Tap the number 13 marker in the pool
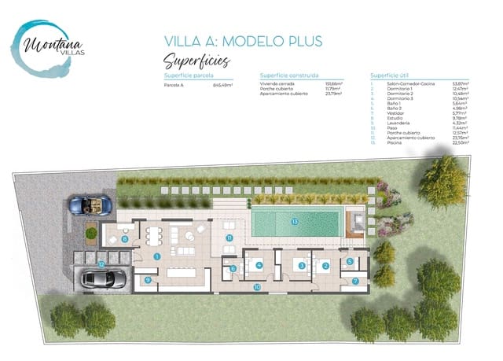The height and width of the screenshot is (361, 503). click(x=296, y=222)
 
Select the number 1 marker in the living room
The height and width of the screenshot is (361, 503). click(x=157, y=256)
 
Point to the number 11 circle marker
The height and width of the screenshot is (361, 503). click(x=229, y=237)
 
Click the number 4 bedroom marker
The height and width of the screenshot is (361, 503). click(x=259, y=265)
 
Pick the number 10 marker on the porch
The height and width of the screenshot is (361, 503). click(x=257, y=287)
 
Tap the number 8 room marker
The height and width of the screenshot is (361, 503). click(x=125, y=238)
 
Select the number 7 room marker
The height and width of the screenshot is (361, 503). click(x=355, y=281)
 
